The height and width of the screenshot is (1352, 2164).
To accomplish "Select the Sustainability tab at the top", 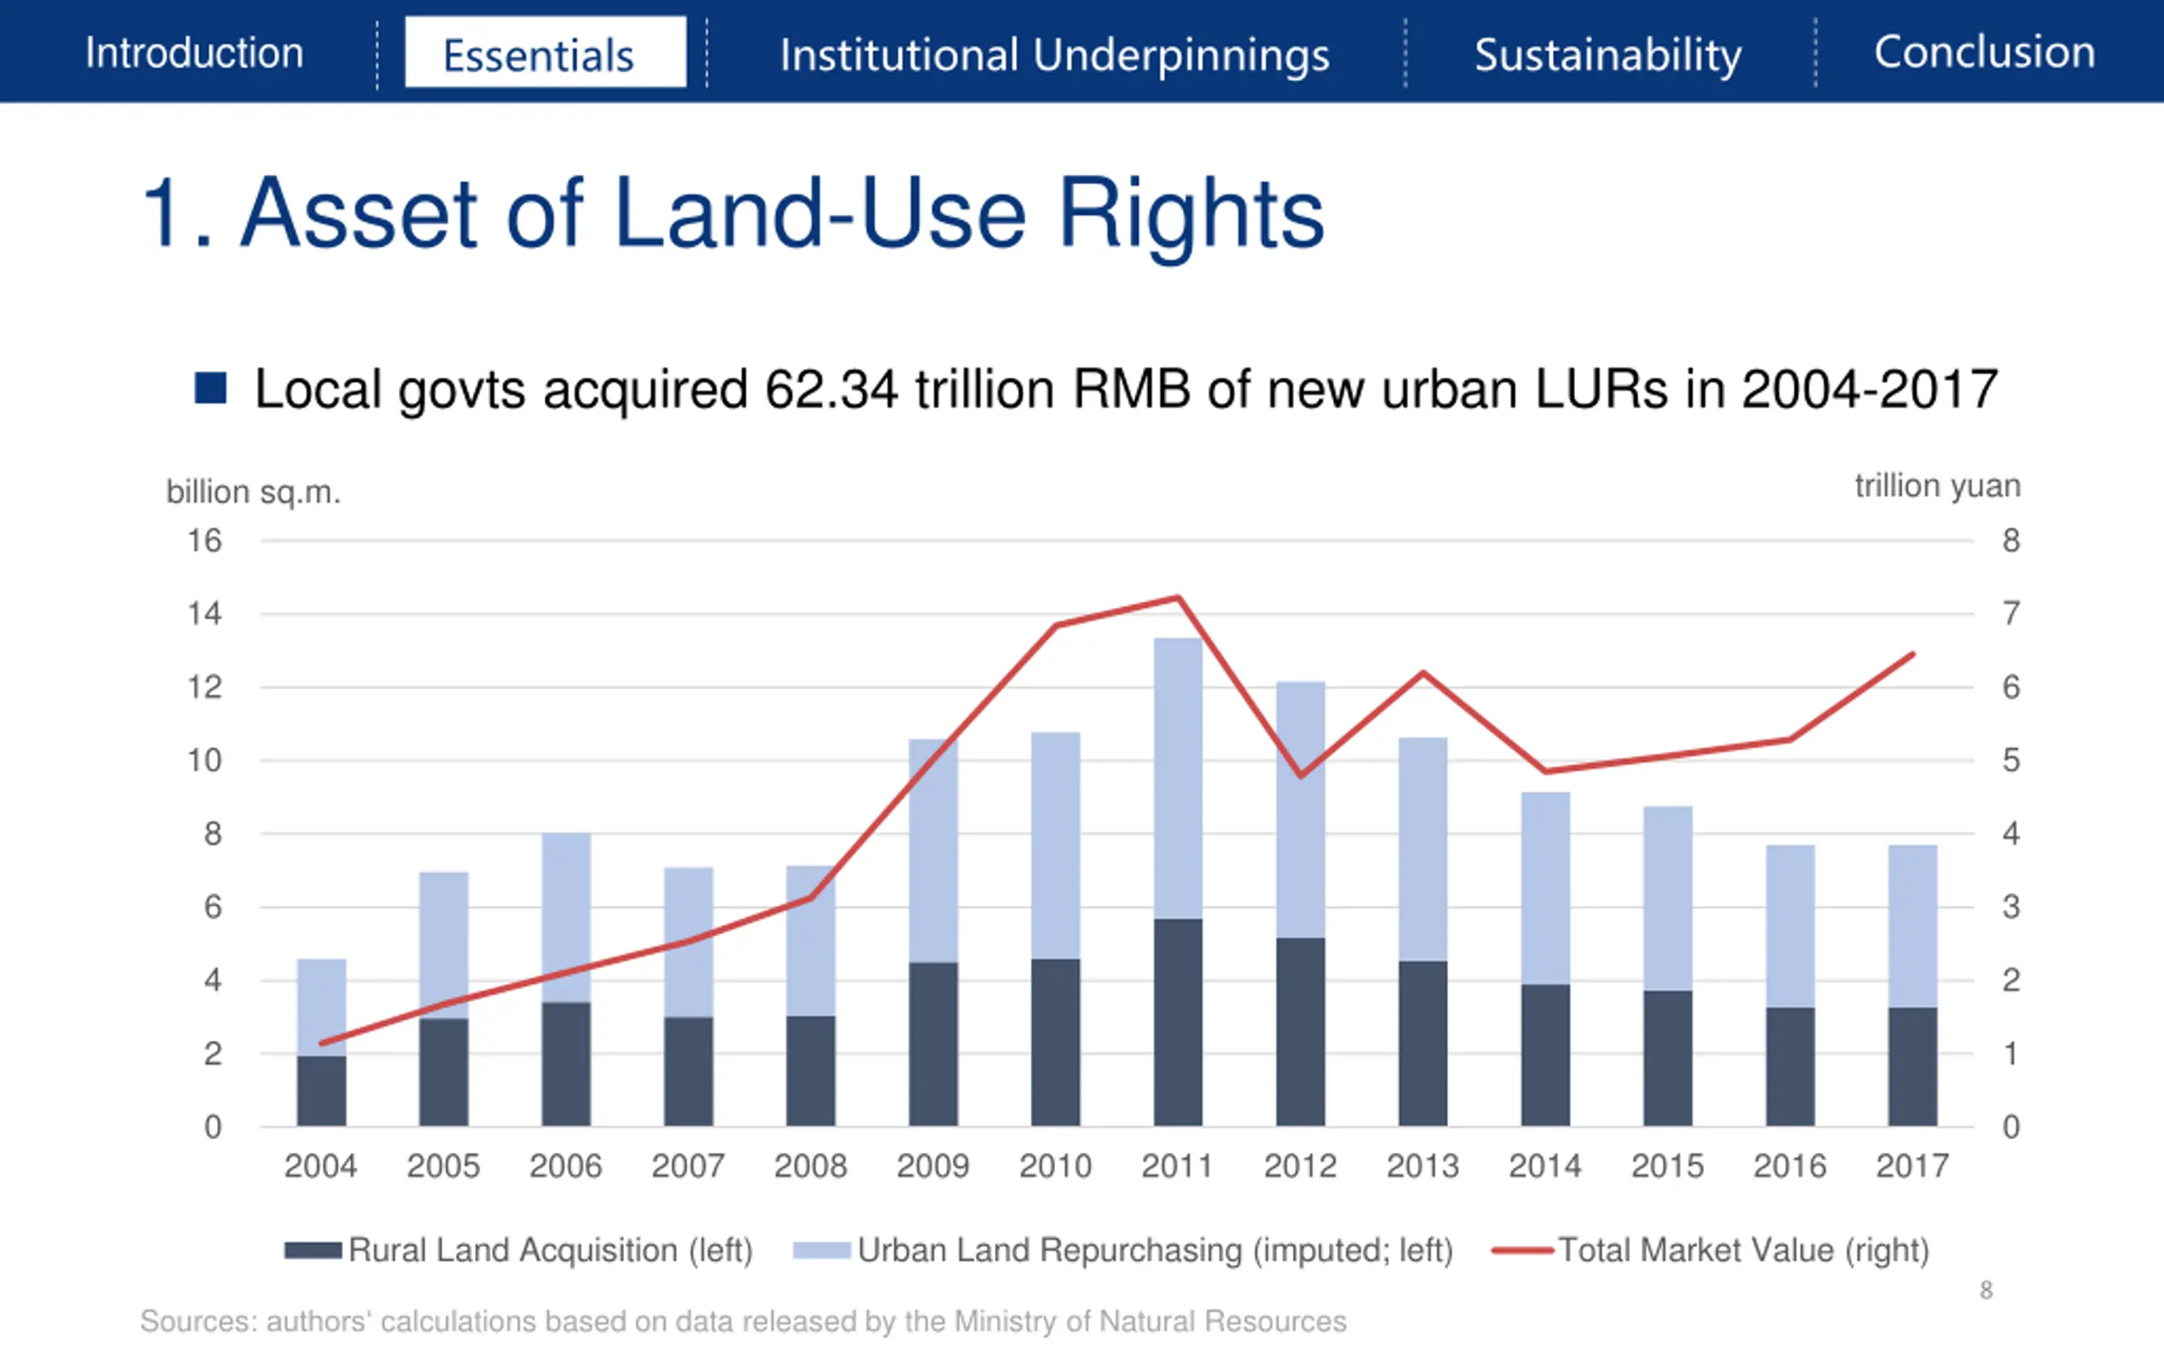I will tap(1608, 56).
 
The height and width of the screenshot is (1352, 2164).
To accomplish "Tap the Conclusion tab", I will tap(1984, 52).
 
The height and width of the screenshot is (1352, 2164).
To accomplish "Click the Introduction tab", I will tap(194, 52).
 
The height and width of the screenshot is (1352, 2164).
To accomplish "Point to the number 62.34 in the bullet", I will tap(831, 390).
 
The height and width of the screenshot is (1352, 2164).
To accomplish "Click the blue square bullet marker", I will tap(210, 388).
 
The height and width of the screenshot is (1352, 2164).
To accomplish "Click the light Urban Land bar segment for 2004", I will tap(321, 1007).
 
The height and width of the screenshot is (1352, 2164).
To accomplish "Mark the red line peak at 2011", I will tap(1178, 597).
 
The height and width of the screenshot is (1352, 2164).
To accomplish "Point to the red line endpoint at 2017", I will tap(1913, 655).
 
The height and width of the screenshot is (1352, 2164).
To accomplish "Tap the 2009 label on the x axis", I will tap(932, 1166).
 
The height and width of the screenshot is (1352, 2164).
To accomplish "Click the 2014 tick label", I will tap(1544, 1166).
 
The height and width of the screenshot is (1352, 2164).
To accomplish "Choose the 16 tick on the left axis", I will tap(204, 541).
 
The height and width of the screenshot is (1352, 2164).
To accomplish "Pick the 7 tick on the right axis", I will tap(2011, 614).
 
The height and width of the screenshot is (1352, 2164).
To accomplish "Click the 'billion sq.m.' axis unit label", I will tap(253, 492).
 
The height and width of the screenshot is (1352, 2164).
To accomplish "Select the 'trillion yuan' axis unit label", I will tap(1937, 486).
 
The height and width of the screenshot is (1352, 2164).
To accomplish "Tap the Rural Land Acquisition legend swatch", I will tap(312, 1250).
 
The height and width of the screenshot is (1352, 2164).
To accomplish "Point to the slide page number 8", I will tap(1986, 1290).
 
